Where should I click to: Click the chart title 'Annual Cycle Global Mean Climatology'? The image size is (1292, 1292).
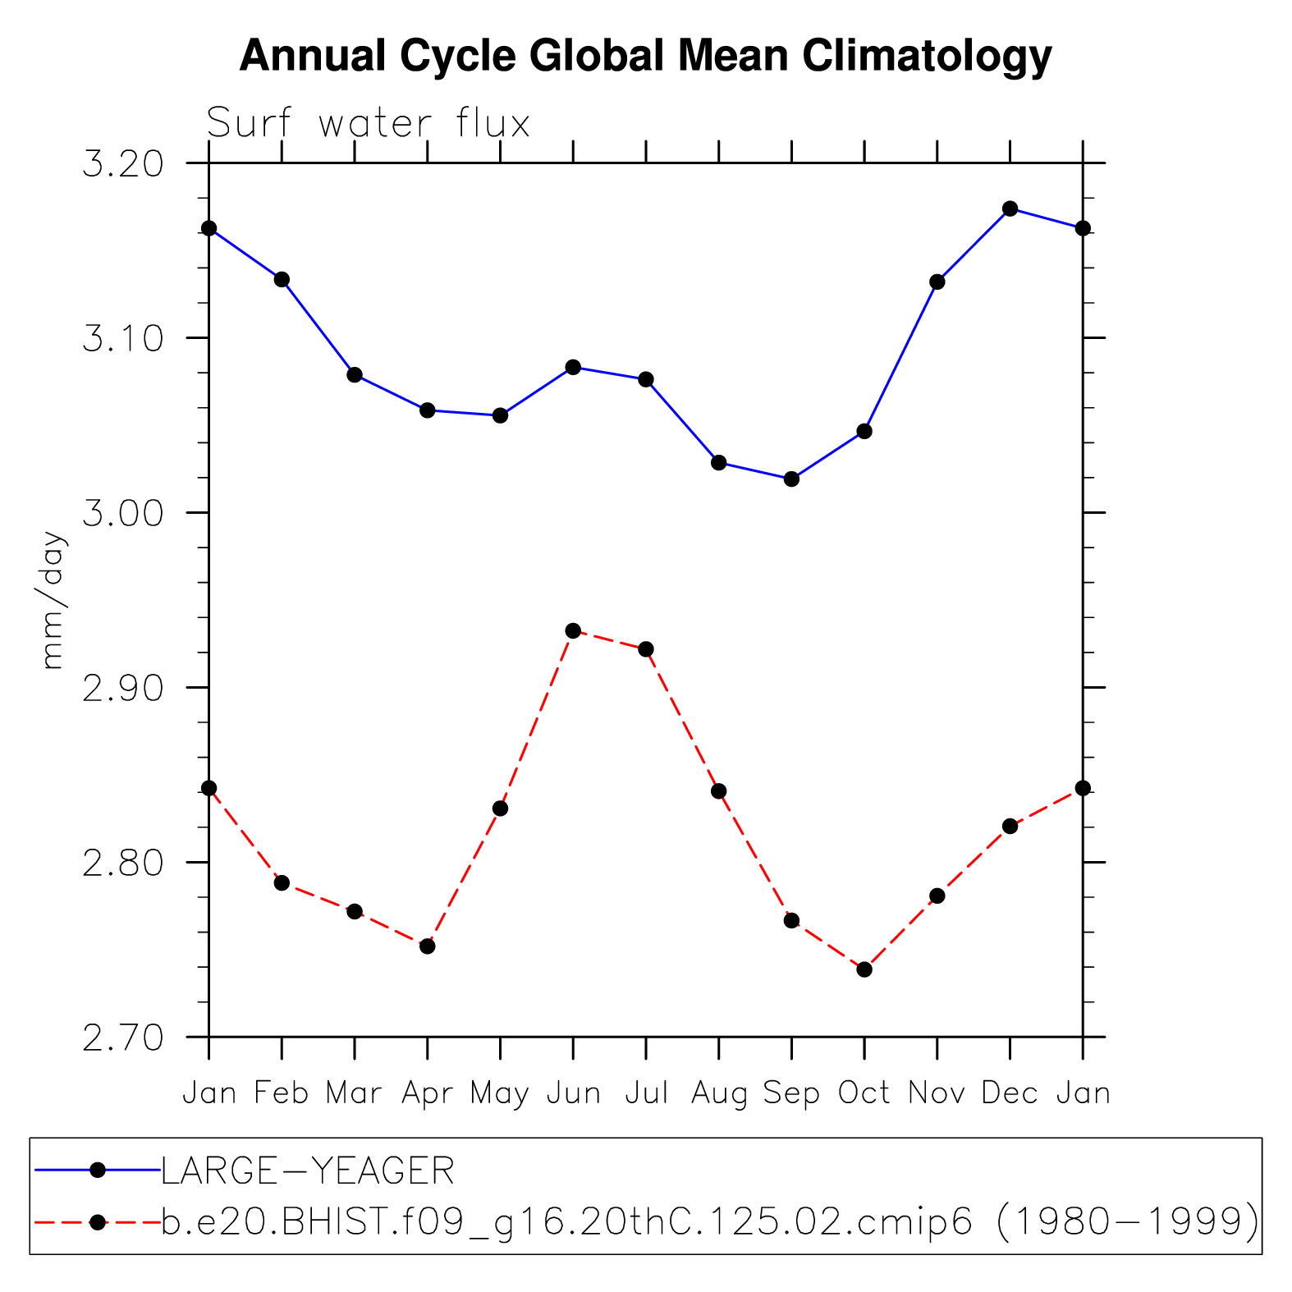coord(645,56)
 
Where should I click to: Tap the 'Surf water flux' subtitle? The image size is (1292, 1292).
coord(368,124)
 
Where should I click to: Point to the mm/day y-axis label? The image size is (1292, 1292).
coord(52,600)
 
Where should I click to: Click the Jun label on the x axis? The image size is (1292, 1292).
coord(573,1093)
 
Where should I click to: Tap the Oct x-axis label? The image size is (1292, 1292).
coord(864,1093)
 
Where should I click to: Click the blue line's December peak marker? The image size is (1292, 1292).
coord(1010,208)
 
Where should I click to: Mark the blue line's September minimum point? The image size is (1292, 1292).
coord(791,479)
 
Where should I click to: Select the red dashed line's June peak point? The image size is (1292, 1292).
coord(573,630)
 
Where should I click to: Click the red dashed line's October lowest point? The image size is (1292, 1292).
coord(864,969)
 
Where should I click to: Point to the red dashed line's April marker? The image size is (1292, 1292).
coord(427,946)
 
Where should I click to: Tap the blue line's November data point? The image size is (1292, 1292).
coord(937,282)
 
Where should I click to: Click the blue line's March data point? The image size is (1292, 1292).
coord(355,374)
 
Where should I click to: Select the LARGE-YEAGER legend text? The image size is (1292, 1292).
coord(307,1171)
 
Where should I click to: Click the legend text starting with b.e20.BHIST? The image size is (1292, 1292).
coord(709,1222)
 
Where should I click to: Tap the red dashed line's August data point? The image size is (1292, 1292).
coord(718,790)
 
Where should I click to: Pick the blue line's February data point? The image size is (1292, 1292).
coord(282,279)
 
